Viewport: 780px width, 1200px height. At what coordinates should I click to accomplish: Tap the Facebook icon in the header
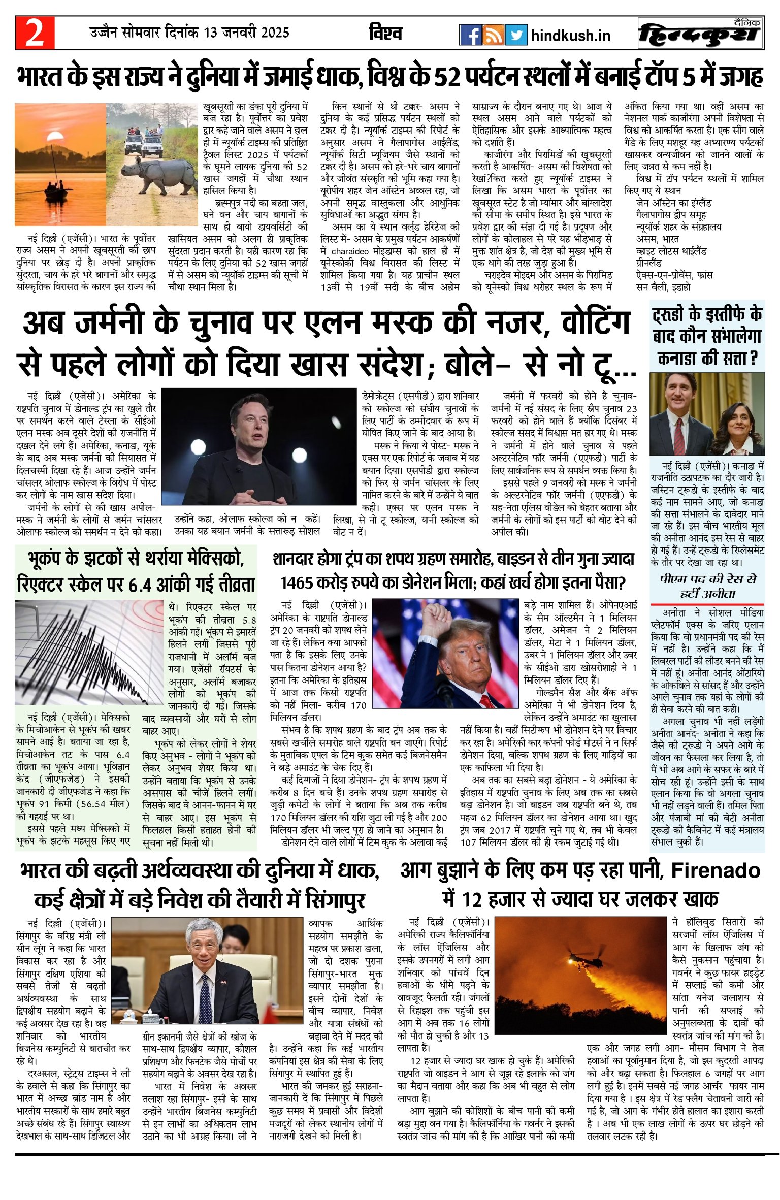coord(470,35)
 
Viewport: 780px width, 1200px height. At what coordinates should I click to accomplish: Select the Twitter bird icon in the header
coord(516,35)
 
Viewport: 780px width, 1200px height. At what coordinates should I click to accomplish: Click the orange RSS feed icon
coord(494,35)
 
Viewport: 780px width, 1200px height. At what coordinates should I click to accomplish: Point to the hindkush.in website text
coord(570,36)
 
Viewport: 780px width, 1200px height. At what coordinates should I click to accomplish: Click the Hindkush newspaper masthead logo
coord(701,34)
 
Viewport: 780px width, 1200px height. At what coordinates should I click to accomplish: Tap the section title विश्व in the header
coord(385,34)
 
